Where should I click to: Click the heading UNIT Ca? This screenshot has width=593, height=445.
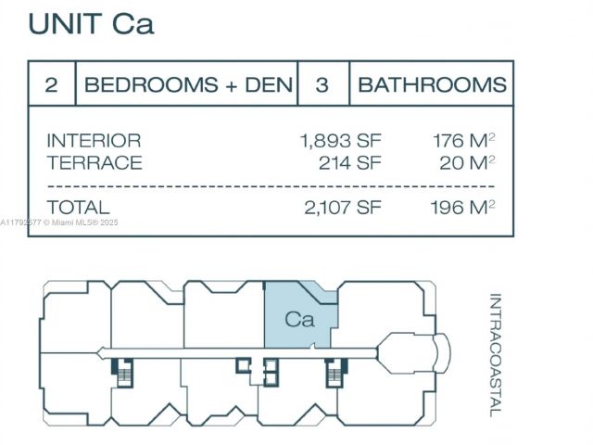click(91, 22)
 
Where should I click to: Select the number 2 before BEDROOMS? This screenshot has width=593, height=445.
click(52, 85)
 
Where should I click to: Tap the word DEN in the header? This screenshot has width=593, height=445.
click(269, 85)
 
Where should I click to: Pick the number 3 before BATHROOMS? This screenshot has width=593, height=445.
click(322, 85)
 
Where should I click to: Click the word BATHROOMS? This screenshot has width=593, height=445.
click(432, 85)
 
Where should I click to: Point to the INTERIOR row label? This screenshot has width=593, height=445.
click(94, 141)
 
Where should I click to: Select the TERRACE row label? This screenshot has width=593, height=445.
click(95, 163)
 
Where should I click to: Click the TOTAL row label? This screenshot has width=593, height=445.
click(78, 208)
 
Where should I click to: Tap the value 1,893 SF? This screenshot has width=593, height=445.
click(340, 141)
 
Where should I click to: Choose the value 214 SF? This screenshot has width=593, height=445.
click(349, 163)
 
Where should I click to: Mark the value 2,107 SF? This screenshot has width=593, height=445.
click(342, 208)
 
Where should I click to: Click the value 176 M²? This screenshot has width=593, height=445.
click(463, 141)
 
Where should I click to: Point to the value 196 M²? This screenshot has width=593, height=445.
click(462, 208)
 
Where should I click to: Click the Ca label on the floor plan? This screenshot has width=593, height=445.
click(299, 320)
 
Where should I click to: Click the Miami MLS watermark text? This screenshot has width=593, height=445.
click(60, 222)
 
